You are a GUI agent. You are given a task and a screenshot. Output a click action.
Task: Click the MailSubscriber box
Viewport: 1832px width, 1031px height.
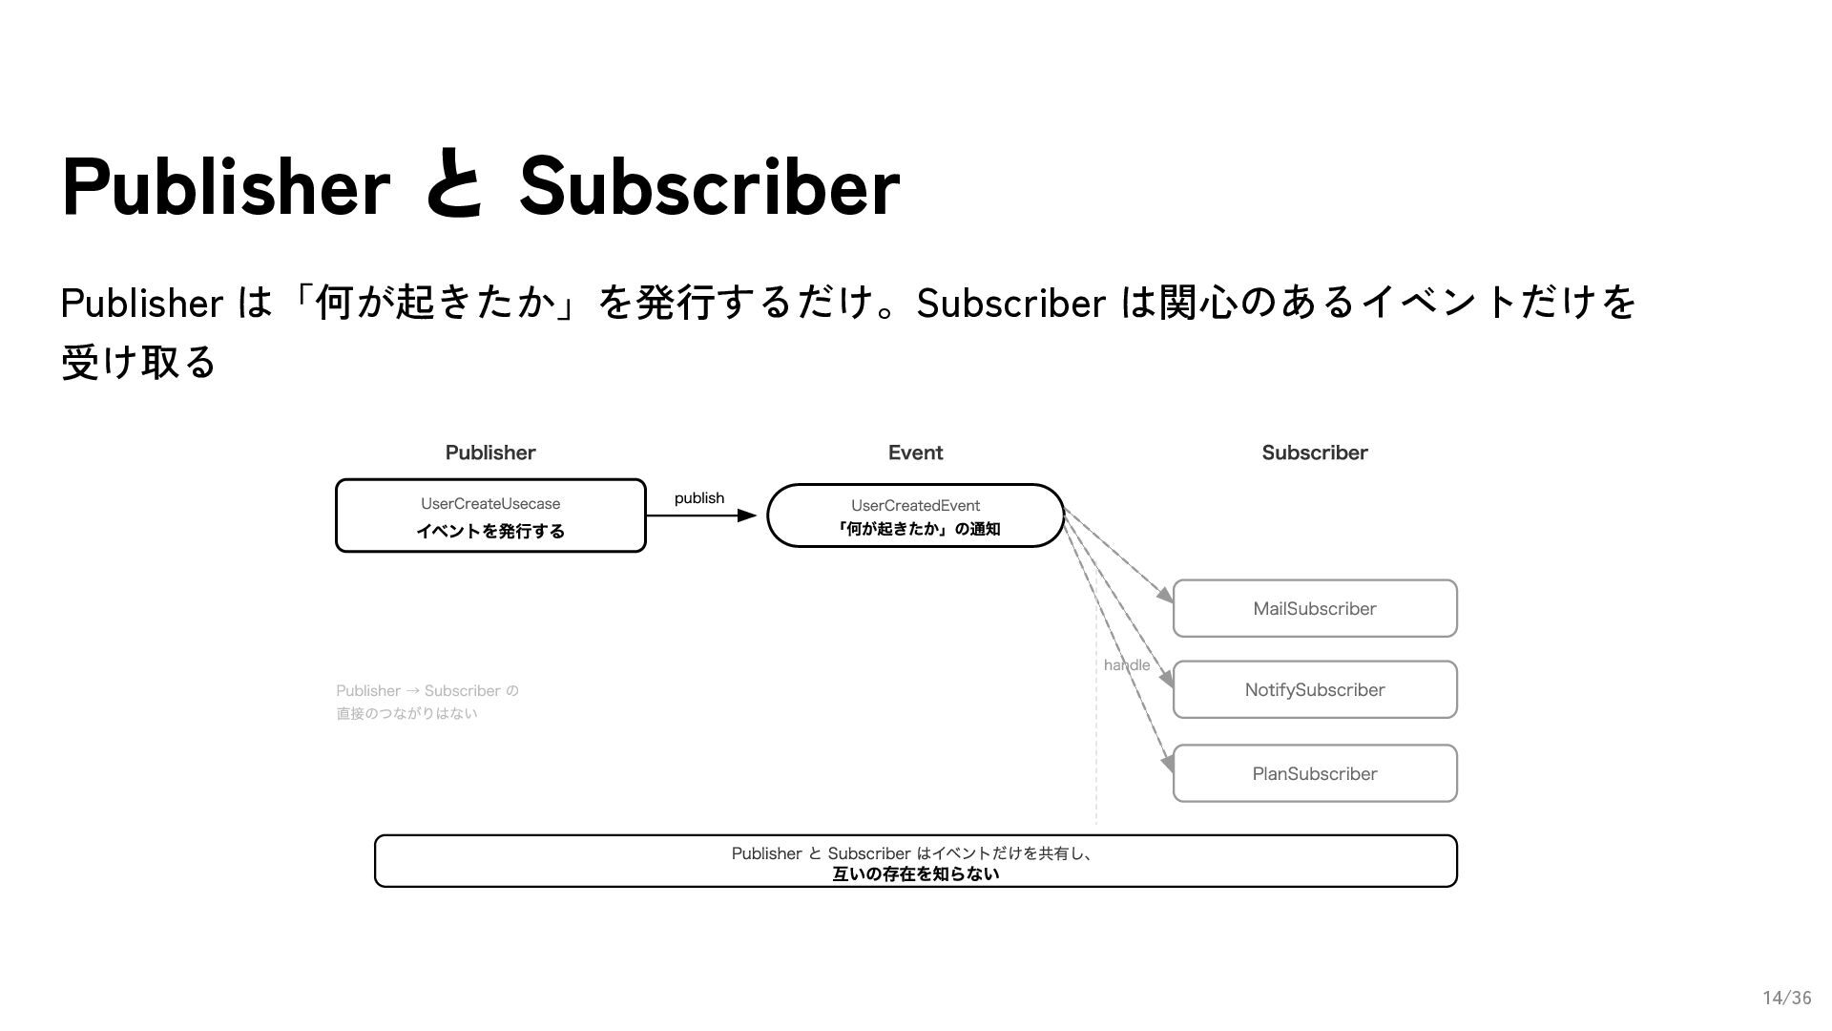point(1314,608)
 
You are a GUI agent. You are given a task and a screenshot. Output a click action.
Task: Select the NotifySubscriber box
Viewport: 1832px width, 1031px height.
point(1314,689)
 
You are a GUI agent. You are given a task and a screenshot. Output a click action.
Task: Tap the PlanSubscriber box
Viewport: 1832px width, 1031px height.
point(1314,773)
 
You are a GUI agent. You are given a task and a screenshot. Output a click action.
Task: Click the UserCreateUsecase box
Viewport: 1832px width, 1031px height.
point(490,515)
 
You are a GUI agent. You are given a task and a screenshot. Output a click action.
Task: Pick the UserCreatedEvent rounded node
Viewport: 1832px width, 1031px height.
point(915,515)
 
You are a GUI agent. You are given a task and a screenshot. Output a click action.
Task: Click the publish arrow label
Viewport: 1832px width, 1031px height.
point(699,497)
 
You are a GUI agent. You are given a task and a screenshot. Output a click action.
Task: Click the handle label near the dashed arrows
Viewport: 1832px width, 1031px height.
point(1126,664)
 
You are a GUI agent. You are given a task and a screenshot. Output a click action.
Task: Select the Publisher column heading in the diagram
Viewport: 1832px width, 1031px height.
point(490,452)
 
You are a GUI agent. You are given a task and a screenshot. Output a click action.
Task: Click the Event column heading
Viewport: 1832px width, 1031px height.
point(915,452)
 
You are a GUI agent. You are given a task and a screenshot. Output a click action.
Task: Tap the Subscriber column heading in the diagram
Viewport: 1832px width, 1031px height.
point(1314,452)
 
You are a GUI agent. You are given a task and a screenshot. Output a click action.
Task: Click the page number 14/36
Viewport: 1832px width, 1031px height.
point(1786,998)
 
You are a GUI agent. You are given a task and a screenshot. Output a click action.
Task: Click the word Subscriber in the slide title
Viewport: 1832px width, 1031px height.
point(709,186)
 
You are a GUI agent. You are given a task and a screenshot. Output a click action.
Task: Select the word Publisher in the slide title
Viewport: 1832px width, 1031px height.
point(226,186)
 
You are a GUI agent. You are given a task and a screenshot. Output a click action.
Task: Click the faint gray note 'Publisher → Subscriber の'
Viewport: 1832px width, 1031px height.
point(427,690)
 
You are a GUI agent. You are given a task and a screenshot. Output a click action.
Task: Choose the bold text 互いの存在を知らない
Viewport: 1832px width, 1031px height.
point(915,873)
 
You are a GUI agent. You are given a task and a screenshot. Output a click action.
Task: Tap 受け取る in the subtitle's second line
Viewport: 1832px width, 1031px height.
point(139,362)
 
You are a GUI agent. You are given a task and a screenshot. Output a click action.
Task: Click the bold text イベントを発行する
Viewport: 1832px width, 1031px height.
point(490,531)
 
